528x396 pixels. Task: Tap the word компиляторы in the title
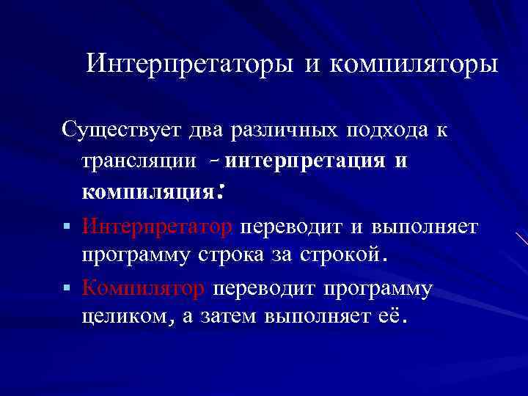click(x=414, y=65)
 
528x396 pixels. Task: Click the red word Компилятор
click(x=144, y=288)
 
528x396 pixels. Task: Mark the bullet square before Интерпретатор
click(x=67, y=225)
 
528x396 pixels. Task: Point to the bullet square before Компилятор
click(x=67, y=288)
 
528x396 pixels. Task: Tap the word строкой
click(x=342, y=256)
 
